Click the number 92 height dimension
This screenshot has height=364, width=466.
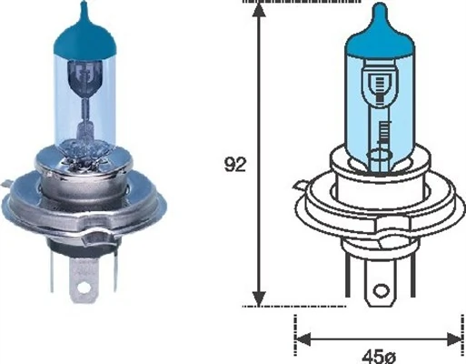point(234,165)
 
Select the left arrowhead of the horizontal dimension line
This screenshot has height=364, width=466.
point(303,339)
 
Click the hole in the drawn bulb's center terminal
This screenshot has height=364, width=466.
point(377,290)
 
